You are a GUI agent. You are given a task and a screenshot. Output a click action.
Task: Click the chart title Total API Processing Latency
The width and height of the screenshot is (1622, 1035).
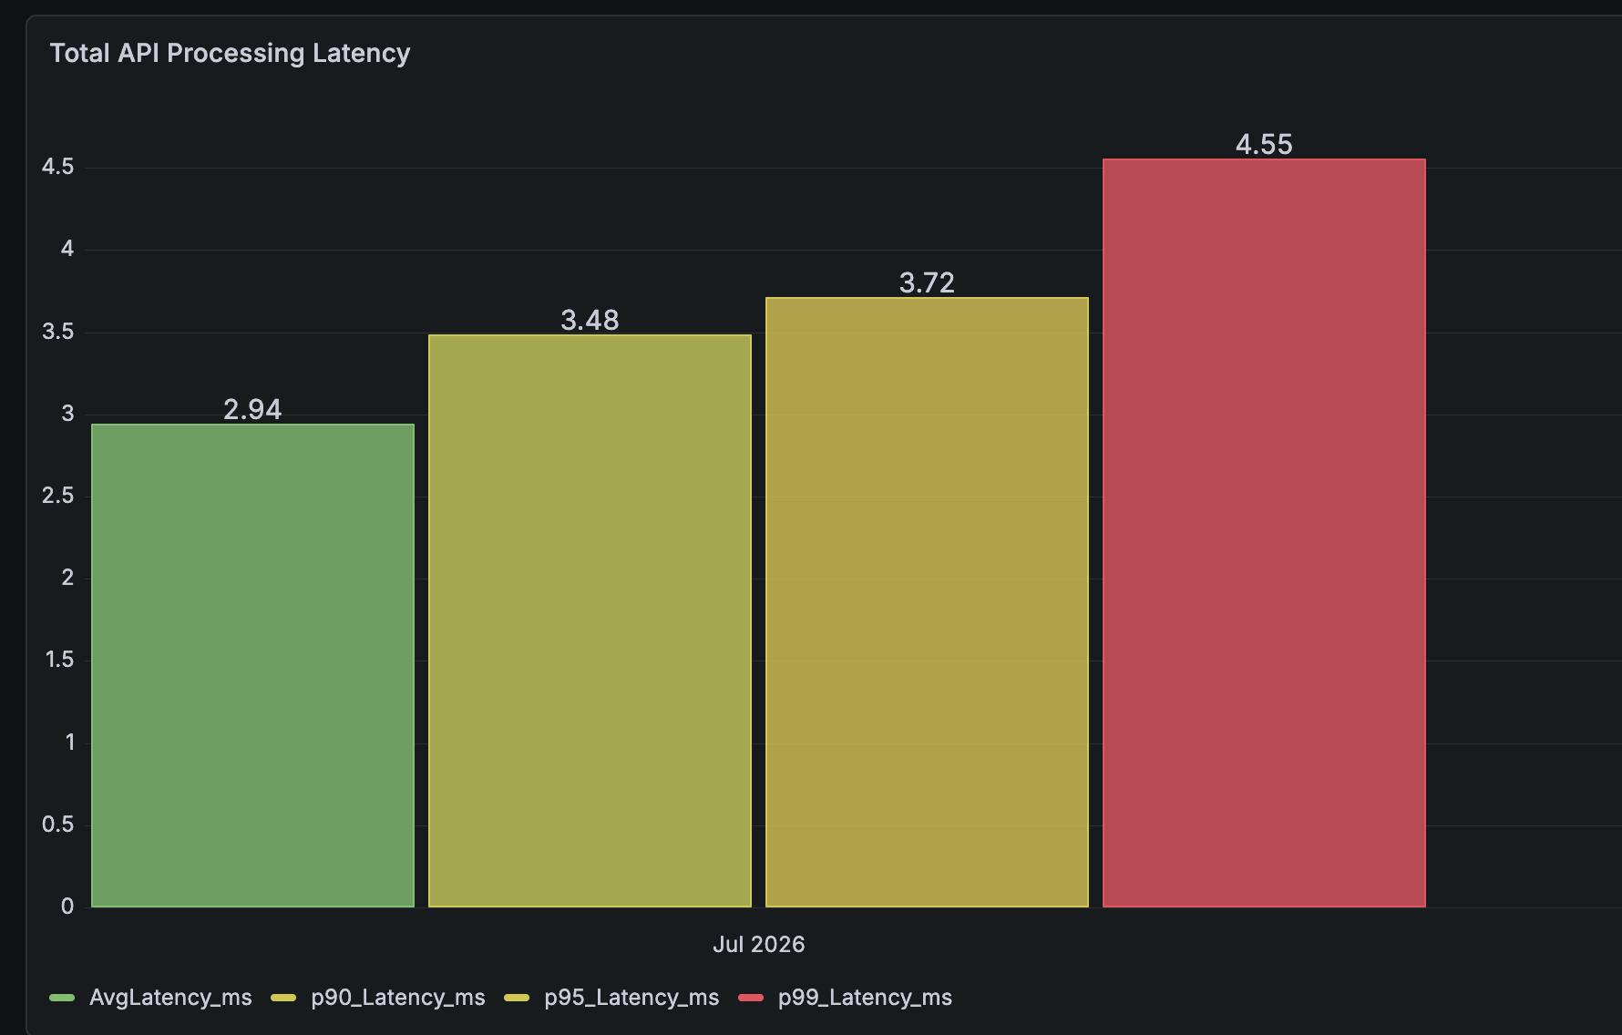click(230, 54)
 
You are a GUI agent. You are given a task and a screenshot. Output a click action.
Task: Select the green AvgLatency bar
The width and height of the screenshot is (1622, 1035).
click(252, 665)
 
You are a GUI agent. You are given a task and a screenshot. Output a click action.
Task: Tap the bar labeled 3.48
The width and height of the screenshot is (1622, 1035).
click(590, 620)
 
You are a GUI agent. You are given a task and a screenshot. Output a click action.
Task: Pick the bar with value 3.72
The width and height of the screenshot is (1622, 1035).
click(927, 602)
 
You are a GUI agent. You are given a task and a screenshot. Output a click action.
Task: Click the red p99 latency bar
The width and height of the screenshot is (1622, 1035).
click(1264, 533)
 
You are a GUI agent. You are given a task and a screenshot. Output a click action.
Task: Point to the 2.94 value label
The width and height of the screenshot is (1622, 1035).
click(252, 409)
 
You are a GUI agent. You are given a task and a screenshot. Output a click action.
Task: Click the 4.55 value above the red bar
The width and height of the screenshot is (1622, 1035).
click(1264, 144)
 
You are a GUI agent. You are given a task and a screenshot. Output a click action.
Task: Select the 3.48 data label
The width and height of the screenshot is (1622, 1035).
click(590, 320)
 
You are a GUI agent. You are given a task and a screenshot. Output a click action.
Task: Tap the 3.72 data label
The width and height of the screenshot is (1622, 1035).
click(927, 282)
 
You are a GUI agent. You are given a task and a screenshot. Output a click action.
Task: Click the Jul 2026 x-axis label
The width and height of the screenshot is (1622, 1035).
click(758, 944)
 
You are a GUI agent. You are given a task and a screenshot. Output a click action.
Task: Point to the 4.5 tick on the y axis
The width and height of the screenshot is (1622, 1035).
click(57, 167)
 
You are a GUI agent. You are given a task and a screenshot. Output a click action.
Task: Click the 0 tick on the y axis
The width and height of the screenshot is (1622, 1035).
click(67, 907)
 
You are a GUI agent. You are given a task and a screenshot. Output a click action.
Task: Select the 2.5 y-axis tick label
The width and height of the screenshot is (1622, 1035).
click(57, 496)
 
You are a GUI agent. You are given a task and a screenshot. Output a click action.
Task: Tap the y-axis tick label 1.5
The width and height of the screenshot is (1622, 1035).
click(59, 660)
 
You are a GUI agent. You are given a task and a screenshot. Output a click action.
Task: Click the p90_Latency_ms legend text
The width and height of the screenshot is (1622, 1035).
click(398, 998)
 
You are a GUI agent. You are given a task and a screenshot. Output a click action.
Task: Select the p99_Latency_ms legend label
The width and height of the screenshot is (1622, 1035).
click(865, 998)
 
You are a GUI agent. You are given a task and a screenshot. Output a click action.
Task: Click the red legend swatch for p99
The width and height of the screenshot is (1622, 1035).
click(751, 998)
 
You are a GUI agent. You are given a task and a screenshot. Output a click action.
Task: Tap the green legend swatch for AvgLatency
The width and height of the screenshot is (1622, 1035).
click(62, 998)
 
